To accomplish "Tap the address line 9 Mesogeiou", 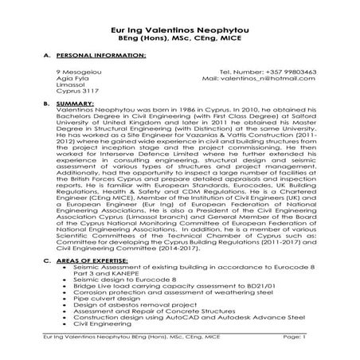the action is tap(70, 72).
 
